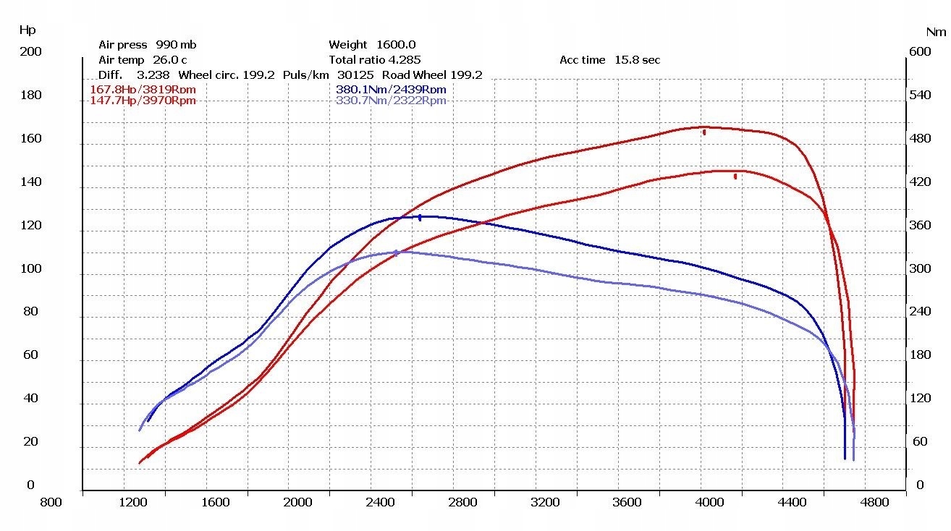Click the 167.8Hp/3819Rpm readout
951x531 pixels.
143,90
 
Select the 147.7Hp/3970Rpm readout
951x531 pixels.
143,101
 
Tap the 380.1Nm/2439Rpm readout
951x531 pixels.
391,90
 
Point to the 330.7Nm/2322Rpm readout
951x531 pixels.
391,101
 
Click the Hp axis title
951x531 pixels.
27,30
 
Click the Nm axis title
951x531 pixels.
936,32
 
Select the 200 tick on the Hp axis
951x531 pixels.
31,52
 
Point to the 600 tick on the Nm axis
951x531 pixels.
920,52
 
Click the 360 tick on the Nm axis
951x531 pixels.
920,226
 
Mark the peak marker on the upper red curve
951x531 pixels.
703,132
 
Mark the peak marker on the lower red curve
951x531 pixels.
735,176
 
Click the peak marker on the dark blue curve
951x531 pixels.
420,217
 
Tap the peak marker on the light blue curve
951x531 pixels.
397,252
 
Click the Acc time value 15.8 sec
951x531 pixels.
637,60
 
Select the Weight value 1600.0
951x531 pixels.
396,45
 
